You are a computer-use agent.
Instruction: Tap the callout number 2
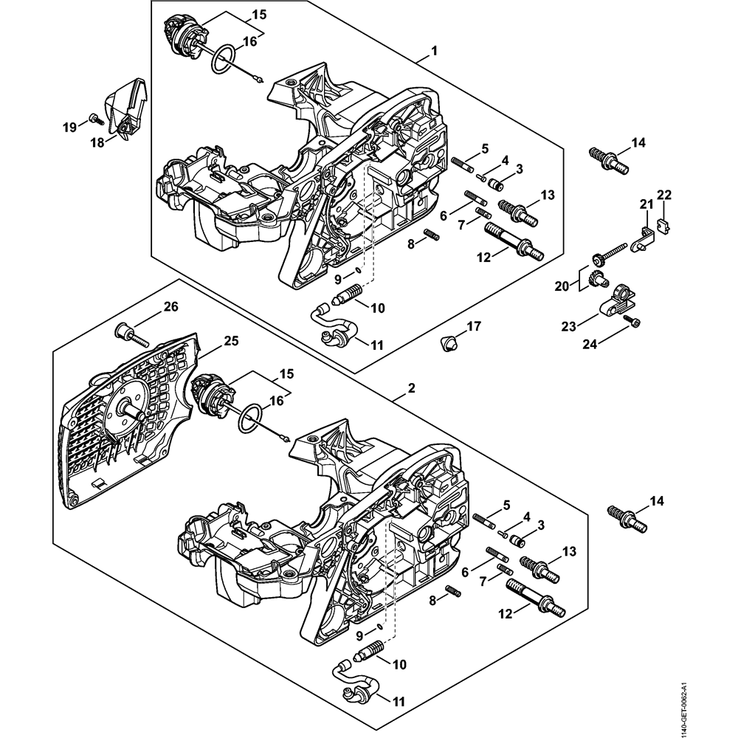pos(411,388)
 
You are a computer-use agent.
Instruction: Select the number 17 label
pos(472,325)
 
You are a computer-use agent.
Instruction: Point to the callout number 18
pos(97,143)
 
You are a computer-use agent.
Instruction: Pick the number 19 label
pos(69,128)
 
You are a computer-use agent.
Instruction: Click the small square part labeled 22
pos(662,229)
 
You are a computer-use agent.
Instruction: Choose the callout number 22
pos(664,195)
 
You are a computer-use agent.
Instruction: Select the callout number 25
pos(232,341)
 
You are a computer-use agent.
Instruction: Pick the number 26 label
pos(170,306)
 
